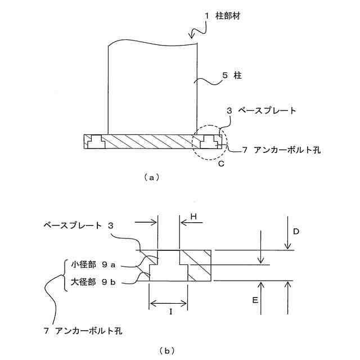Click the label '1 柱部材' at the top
point(222,17)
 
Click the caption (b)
point(167,350)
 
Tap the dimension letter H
point(193,216)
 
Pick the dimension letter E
point(255,301)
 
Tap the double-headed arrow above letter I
point(169,304)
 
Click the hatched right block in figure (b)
point(200,265)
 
